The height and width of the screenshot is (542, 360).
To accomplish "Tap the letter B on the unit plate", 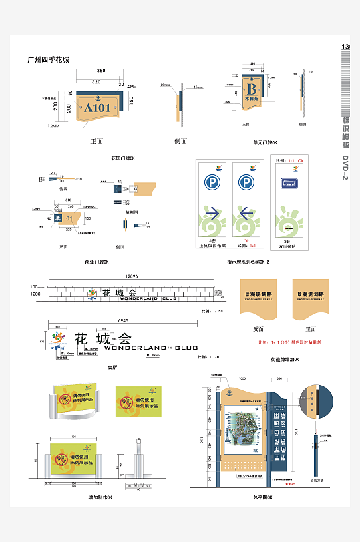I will (252, 89).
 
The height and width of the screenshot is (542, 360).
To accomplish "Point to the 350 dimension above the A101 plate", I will (101, 71).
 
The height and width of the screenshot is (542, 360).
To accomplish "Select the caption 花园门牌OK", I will (123, 158).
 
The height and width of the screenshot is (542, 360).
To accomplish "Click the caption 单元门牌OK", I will (265, 142).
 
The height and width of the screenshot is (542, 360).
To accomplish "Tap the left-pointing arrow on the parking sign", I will (246, 214).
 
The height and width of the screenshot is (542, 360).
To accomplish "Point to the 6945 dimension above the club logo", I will (124, 321).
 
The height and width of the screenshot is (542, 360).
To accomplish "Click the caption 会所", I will (112, 366).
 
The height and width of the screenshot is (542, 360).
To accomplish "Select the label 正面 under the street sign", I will (311, 329).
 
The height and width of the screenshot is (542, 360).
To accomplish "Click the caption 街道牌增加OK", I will (285, 360).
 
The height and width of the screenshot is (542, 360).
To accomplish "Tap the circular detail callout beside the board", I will (312, 403).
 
